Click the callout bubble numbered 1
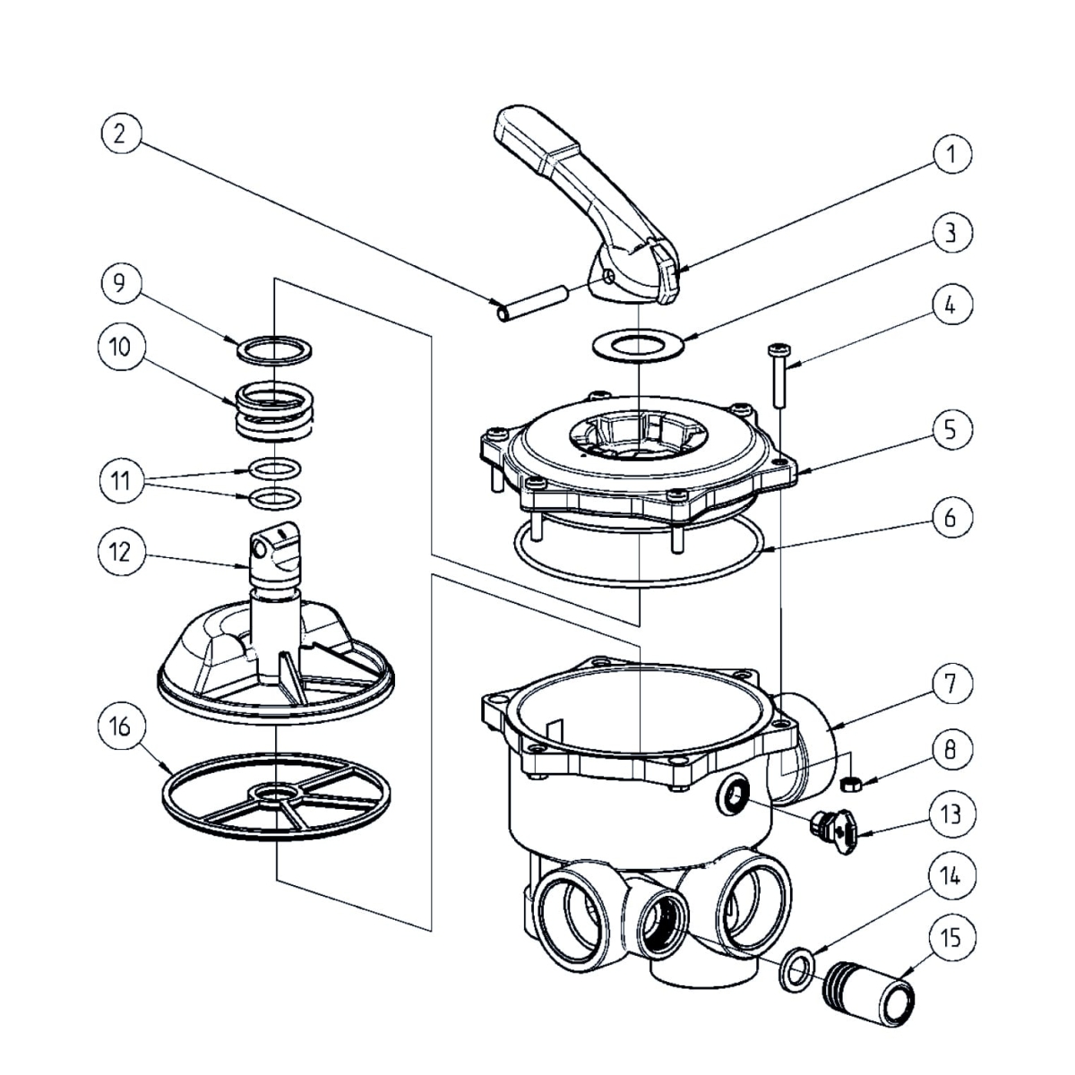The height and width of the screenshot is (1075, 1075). tap(950, 154)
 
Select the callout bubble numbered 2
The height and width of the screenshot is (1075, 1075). tap(120, 133)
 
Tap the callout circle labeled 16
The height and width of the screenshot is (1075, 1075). tap(120, 727)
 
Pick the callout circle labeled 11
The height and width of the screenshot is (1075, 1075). tap(120, 481)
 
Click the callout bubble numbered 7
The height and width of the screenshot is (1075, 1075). tap(950, 684)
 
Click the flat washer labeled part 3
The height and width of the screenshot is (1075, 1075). tap(638, 344)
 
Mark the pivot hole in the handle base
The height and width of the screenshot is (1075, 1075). tap(608, 277)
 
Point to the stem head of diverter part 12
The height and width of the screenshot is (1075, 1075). tap(273, 546)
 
